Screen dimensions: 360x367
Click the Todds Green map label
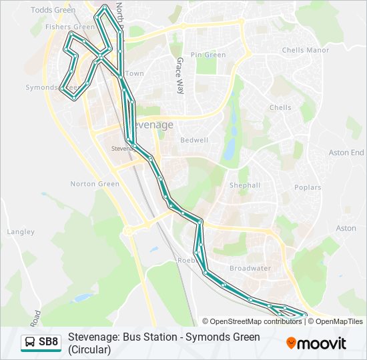[x=53, y=9]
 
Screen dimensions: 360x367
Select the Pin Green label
[x=208, y=55]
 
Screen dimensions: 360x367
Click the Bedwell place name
[x=194, y=141]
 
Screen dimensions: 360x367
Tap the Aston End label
[x=346, y=153]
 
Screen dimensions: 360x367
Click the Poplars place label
[x=307, y=188]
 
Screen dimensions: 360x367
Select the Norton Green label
[x=95, y=184]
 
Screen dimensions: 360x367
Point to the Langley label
[x=21, y=232]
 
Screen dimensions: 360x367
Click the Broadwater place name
[x=250, y=268]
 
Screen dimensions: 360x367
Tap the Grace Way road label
[x=179, y=75]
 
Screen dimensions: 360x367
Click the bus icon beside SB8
[x=30, y=343]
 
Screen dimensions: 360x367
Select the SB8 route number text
[x=49, y=343]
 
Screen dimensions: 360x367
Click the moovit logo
[x=316, y=343]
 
